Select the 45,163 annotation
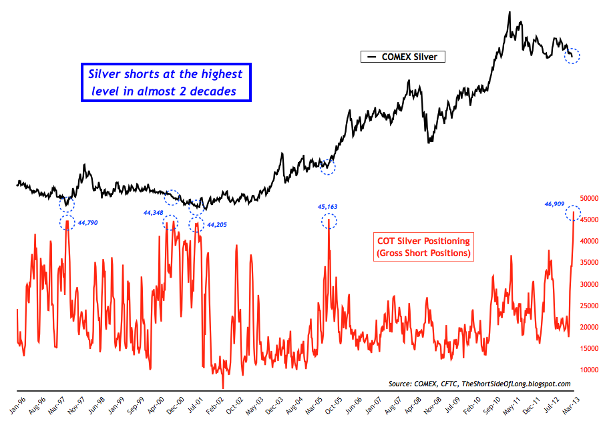[328, 207]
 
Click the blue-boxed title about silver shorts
[166, 83]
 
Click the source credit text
[479, 384]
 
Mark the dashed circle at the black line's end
[572, 56]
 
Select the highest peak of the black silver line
[510, 12]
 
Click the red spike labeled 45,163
[329, 230]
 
